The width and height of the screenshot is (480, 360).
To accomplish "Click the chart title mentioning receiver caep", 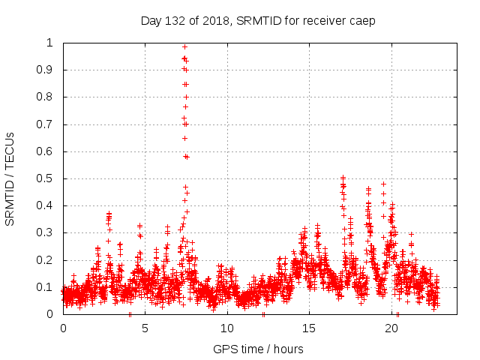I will click(257, 20).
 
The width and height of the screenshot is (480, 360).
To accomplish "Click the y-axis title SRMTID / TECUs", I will click(10, 178).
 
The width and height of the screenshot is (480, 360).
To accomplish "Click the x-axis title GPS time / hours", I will click(257, 349).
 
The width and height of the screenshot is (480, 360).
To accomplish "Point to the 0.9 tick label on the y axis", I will click(47, 70).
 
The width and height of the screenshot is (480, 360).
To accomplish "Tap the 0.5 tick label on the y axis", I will click(47, 178).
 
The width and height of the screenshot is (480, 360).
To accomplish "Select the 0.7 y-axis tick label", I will click(47, 124).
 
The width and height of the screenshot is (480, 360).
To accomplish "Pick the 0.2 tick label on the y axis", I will click(47, 260).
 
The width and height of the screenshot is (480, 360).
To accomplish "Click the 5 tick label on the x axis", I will click(145, 328).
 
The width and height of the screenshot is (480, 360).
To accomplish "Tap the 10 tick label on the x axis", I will click(227, 328).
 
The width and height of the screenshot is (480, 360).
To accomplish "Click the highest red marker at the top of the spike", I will click(184, 46).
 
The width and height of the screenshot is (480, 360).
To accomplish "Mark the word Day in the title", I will click(150, 21).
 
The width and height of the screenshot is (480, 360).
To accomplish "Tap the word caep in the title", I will click(362, 21).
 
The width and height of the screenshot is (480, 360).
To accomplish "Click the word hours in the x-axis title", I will click(288, 349).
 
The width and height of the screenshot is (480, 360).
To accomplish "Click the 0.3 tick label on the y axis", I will click(47, 233).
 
